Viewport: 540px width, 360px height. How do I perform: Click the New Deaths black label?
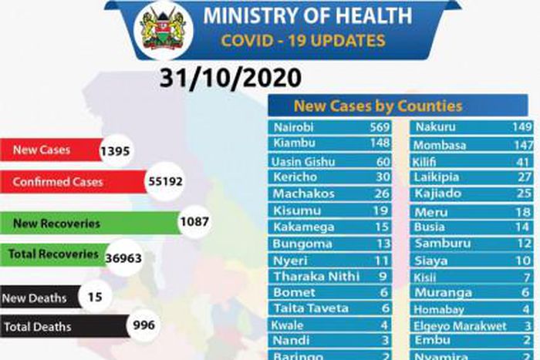pyautogui.click(x=36, y=297)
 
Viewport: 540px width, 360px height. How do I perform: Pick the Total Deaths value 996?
pyautogui.click(x=144, y=325)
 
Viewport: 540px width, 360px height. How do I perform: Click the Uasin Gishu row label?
pyautogui.click(x=304, y=161)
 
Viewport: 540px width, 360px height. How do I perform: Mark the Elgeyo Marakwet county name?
pyautogui.click(x=460, y=326)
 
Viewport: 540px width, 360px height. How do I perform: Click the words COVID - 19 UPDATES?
pyautogui.click(x=303, y=40)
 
